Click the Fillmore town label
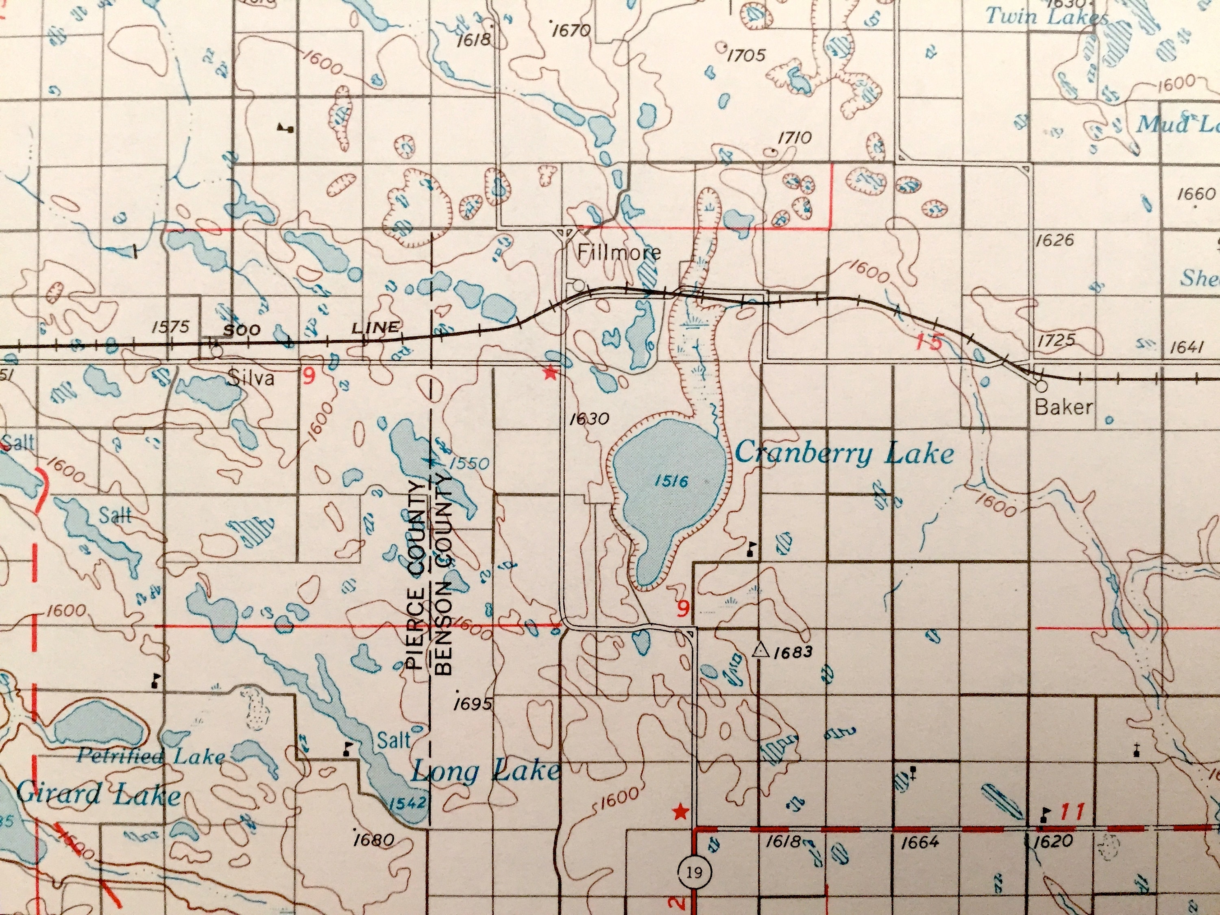click(619, 253)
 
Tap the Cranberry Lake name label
click(844, 454)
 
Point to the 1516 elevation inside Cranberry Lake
click(671, 481)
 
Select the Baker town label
click(1064, 407)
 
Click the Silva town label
click(251, 378)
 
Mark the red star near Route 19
click(681, 812)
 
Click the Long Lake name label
click(485, 771)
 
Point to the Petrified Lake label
click(150, 755)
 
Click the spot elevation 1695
click(472, 704)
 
